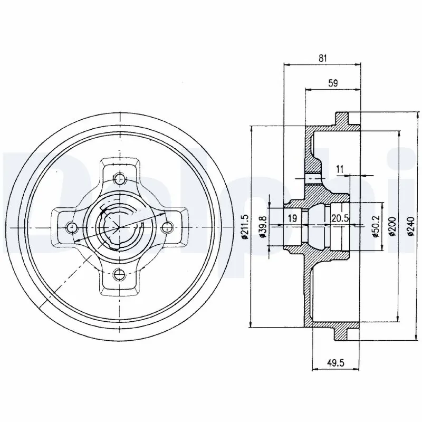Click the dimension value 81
click(x=323, y=59)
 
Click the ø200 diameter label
click(x=392, y=227)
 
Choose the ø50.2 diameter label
click(x=376, y=227)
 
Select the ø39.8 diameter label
click(x=263, y=227)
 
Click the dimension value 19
click(x=292, y=218)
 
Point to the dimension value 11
click(x=340, y=169)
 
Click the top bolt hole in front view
click(x=120, y=178)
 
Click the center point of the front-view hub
click(x=120, y=227)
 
